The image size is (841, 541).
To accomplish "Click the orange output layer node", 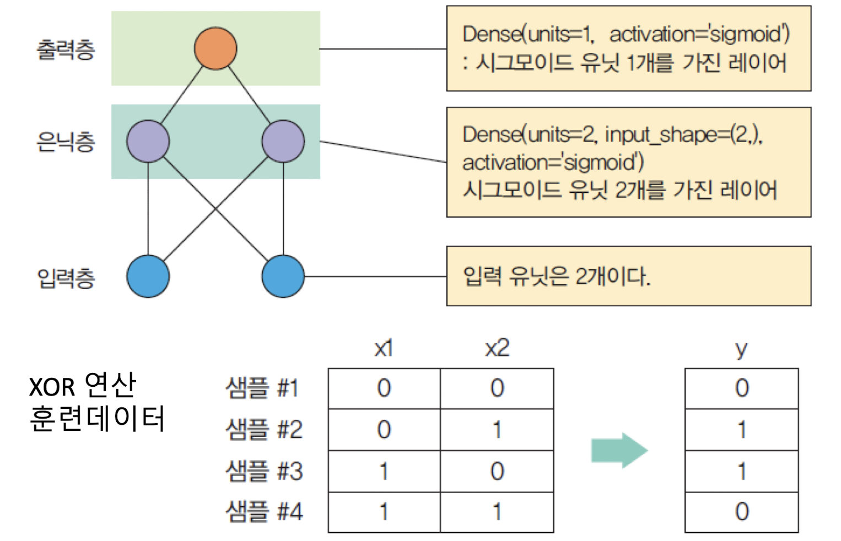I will click(215, 48).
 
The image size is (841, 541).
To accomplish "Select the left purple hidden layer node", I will click(148, 142).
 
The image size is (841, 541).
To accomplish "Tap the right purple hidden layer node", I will click(283, 142).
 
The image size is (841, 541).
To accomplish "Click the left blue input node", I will click(148, 277).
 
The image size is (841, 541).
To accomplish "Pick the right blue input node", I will click(283, 277).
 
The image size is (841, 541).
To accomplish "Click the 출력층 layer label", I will click(66, 50).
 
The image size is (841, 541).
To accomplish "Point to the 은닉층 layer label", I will click(66, 142).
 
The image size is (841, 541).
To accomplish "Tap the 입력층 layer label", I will click(66, 278).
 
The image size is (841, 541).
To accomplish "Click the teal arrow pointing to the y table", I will click(619, 450).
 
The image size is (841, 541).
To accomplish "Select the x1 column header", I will click(384, 348).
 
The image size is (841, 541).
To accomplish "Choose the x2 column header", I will click(497, 348).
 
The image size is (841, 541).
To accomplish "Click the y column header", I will click(741, 349).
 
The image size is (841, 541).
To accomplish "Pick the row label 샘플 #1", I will click(262, 388).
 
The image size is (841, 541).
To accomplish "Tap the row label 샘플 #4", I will click(264, 511).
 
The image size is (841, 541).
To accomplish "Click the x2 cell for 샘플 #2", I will click(497, 430).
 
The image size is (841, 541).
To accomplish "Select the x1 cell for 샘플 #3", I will click(384, 471).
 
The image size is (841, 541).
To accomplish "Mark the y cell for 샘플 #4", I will click(742, 512).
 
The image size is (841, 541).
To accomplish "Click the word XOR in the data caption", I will click(52, 387).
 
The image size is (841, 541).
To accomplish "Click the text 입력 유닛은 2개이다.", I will click(557, 276).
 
